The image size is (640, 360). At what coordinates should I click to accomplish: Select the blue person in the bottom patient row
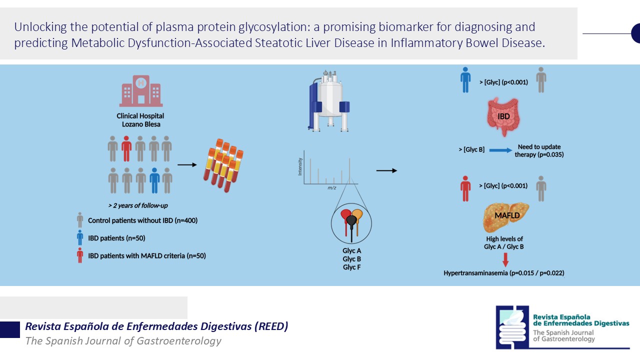pyautogui.click(x=154, y=180)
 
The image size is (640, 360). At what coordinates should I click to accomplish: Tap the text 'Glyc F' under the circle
pyautogui.click(x=352, y=267)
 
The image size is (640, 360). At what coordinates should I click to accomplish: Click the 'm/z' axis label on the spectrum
pyautogui.click(x=331, y=188)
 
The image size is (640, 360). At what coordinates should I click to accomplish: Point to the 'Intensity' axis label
pyautogui.click(x=300, y=166)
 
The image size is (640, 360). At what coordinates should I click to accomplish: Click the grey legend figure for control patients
pyautogui.click(x=79, y=220)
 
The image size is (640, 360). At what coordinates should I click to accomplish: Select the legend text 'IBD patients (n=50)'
pyautogui.click(x=116, y=238)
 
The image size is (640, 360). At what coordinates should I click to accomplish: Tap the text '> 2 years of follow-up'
pyautogui.click(x=137, y=205)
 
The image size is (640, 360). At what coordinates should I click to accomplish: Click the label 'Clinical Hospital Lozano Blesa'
pyautogui.click(x=140, y=120)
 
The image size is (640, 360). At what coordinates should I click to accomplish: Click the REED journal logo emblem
pyautogui.click(x=512, y=327)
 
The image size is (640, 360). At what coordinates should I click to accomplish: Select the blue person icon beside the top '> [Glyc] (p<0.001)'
pyautogui.click(x=465, y=80)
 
